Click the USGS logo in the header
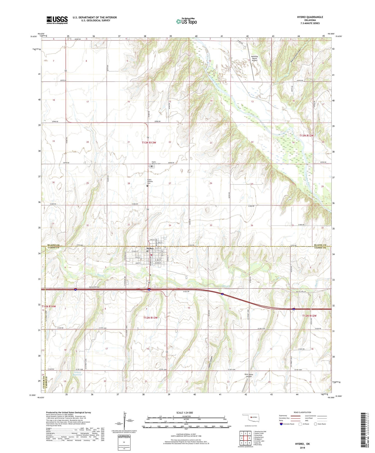point(57,20)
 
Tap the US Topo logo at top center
point(186,21)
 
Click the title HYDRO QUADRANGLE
point(310,17)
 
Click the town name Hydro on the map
point(151,248)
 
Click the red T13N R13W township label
point(149,143)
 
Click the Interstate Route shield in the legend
point(281,424)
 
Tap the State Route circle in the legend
point(316,424)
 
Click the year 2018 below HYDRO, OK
point(302,448)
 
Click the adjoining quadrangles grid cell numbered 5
point(249,438)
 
